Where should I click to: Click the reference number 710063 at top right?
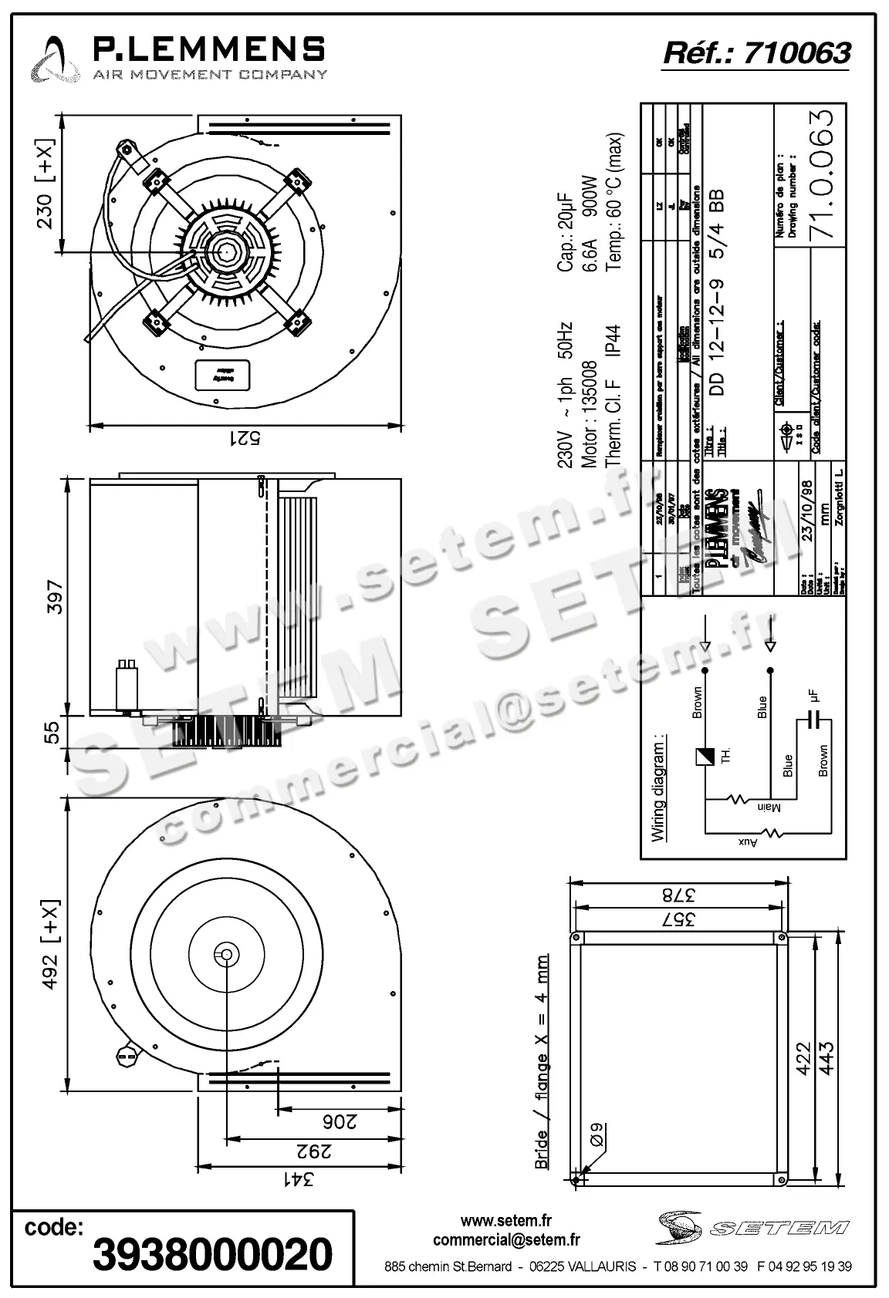(x=796, y=52)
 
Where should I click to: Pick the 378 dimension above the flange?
(x=677, y=895)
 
